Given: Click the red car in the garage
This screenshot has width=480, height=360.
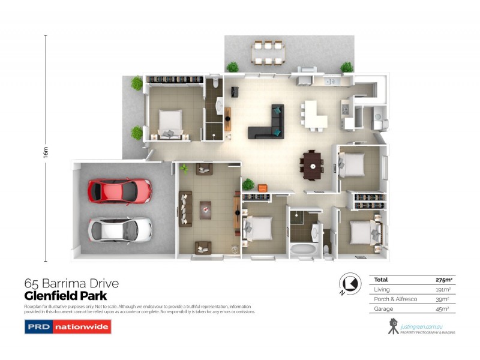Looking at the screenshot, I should pos(120,191).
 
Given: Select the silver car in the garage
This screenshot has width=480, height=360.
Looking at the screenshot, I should pos(120,228).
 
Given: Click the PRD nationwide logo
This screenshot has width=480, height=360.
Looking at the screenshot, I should pos(68,328).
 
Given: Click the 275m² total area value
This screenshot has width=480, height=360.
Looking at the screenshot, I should pos(445,280).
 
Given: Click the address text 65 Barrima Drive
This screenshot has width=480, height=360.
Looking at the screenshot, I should pos(71,283).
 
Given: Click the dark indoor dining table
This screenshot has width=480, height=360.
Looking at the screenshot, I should pos(312,164).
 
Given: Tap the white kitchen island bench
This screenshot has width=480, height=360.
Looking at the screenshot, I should pos(314,114).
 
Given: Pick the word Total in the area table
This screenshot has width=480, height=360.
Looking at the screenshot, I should pos(380,280).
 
